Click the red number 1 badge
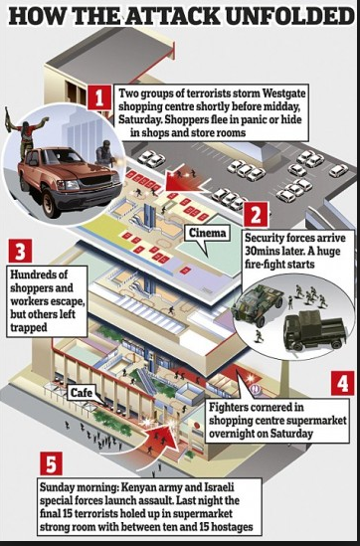click(99, 97)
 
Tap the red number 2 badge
click(256, 215)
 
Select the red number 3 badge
click(20, 251)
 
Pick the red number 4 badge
click(342, 383)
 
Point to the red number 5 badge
click(51, 463)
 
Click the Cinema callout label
click(208, 233)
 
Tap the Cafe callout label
click(82, 393)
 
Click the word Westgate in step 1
click(284, 93)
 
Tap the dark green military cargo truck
click(313, 329)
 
